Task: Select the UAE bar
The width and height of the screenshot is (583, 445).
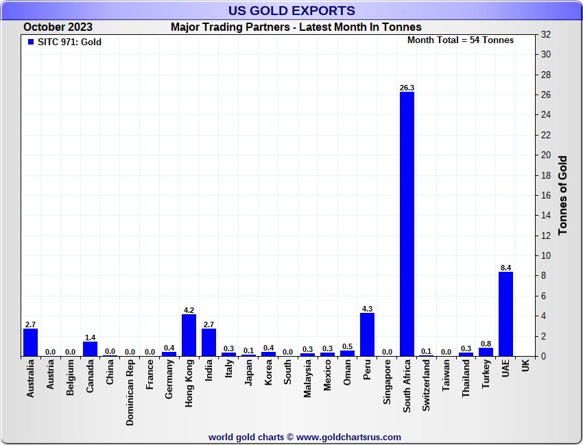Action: [505, 314]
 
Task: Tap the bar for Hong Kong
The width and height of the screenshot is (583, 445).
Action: [189, 335]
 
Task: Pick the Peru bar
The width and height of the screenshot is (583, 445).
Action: [367, 335]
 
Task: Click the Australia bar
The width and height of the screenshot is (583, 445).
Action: [30, 342]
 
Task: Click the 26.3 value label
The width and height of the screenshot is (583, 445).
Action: [407, 88]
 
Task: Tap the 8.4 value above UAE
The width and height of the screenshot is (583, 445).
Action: [505, 268]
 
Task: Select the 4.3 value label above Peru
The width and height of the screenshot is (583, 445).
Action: [367, 309]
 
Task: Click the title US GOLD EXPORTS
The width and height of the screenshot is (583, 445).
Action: [291, 10]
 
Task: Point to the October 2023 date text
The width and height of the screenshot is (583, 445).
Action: [58, 27]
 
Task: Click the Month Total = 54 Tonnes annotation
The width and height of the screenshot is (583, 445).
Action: [460, 40]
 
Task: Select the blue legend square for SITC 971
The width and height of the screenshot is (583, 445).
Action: [30, 42]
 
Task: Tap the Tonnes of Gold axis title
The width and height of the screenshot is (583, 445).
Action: [563, 195]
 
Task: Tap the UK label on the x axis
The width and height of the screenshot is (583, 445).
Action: [525, 366]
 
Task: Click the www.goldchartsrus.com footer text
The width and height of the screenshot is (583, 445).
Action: [305, 437]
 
